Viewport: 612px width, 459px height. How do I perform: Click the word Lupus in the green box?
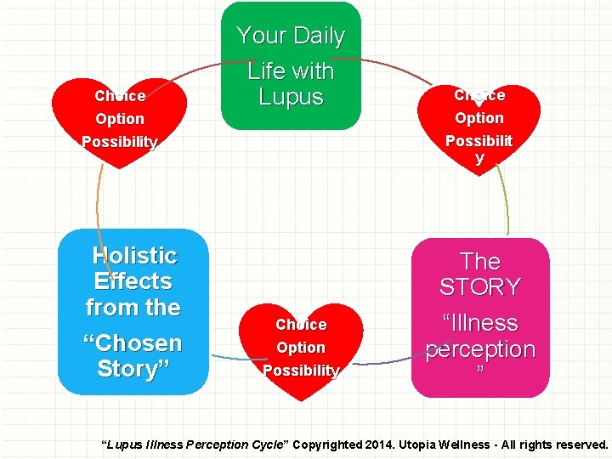pyautogui.click(x=291, y=97)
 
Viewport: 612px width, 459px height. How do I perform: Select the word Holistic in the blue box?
pyautogui.click(x=134, y=256)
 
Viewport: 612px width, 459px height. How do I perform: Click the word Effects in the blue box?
pyautogui.click(x=133, y=281)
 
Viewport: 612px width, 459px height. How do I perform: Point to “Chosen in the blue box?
pyautogui.click(x=133, y=343)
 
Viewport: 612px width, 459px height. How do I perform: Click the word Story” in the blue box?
pyautogui.click(x=133, y=369)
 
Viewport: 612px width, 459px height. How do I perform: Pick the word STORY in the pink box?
pyautogui.click(x=479, y=287)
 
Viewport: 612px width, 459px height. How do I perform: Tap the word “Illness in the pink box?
pyautogui.click(x=479, y=323)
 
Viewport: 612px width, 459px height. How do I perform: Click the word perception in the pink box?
pyautogui.click(x=480, y=349)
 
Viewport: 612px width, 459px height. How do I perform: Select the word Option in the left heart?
pyautogui.click(x=120, y=119)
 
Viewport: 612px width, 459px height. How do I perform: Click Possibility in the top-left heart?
pyautogui.click(x=120, y=142)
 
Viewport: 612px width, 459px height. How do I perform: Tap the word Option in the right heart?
pyautogui.click(x=479, y=118)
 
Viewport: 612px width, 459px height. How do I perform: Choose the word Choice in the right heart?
pyautogui.click(x=479, y=95)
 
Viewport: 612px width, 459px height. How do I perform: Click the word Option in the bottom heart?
pyautogui.click(x=301, y=348)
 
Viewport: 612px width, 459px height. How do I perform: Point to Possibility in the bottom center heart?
pyautogui.click(x=301, y=371)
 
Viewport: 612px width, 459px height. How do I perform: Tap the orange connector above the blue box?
pyautogui.click(x=99, y=200)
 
